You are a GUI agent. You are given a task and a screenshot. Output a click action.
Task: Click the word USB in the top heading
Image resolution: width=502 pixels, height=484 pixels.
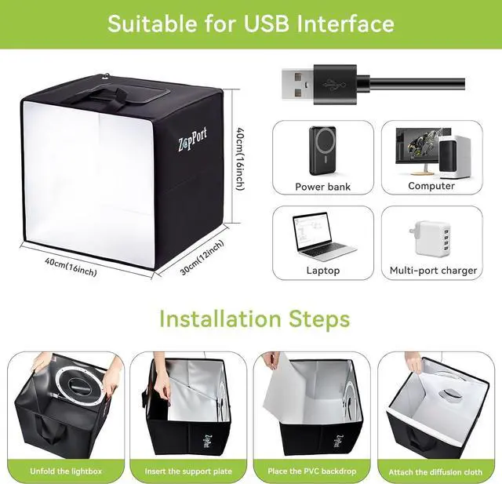[x=267, y=24]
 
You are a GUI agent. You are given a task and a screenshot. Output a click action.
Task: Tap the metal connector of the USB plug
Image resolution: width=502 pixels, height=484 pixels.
[x=297, y=85]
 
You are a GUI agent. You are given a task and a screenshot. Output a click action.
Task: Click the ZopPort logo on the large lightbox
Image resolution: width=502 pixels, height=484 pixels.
[x=192, y=139]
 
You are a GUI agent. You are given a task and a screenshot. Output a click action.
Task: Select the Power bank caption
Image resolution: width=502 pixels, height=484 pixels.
[x=322, y=187]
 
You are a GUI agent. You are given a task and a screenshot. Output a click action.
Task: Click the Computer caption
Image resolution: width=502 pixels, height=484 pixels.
[x=431, y=186]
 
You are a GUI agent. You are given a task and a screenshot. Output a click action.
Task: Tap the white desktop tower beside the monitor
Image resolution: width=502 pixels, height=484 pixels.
[x=454, y=157]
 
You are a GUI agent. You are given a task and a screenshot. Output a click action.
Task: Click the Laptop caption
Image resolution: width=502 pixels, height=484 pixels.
[x=322, y=271]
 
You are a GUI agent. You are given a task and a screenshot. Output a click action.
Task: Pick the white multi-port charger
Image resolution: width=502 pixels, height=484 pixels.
[x=429, y=238]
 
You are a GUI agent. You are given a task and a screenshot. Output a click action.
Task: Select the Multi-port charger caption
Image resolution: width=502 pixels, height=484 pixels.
[x=433, y=271]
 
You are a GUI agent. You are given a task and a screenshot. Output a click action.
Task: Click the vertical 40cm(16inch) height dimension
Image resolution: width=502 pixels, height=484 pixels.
[x=241, y=158]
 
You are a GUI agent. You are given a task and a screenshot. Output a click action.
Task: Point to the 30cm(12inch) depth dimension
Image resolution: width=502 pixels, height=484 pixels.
[x=202, y=257]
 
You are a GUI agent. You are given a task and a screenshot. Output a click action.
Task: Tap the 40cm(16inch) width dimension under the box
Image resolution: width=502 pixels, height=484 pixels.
[x=71, y=267]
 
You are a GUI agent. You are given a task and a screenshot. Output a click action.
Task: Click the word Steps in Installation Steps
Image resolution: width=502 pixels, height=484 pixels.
[x=319, y=318]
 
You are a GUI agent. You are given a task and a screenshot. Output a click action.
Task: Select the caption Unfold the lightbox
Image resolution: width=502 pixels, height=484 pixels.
[x=66, y=471]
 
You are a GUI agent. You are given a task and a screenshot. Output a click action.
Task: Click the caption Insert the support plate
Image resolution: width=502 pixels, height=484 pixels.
[x=188, y=471]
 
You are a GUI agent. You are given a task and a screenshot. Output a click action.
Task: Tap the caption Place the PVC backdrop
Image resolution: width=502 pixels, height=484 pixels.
[x=312, y=471]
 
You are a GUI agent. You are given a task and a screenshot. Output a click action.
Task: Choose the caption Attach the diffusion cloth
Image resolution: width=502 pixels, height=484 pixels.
[x=435, y=471]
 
